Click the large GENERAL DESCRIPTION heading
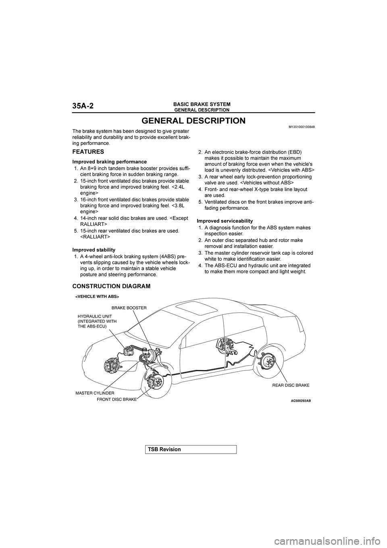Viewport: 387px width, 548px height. click(x=193, y=121)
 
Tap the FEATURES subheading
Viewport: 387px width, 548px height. click(x=88, y=152)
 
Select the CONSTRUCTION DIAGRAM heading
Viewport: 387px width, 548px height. click(x=111, y=286)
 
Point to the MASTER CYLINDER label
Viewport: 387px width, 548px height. click(x=95, y=393)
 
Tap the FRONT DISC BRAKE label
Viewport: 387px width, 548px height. click(x=117, y=399)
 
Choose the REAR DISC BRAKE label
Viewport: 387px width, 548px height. click(x=291, y=385)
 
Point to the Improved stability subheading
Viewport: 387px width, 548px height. click(x=94, y=250)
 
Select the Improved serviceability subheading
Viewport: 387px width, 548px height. click(x=225, y=221)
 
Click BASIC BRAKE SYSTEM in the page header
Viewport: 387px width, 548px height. click(x=202, y=104)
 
